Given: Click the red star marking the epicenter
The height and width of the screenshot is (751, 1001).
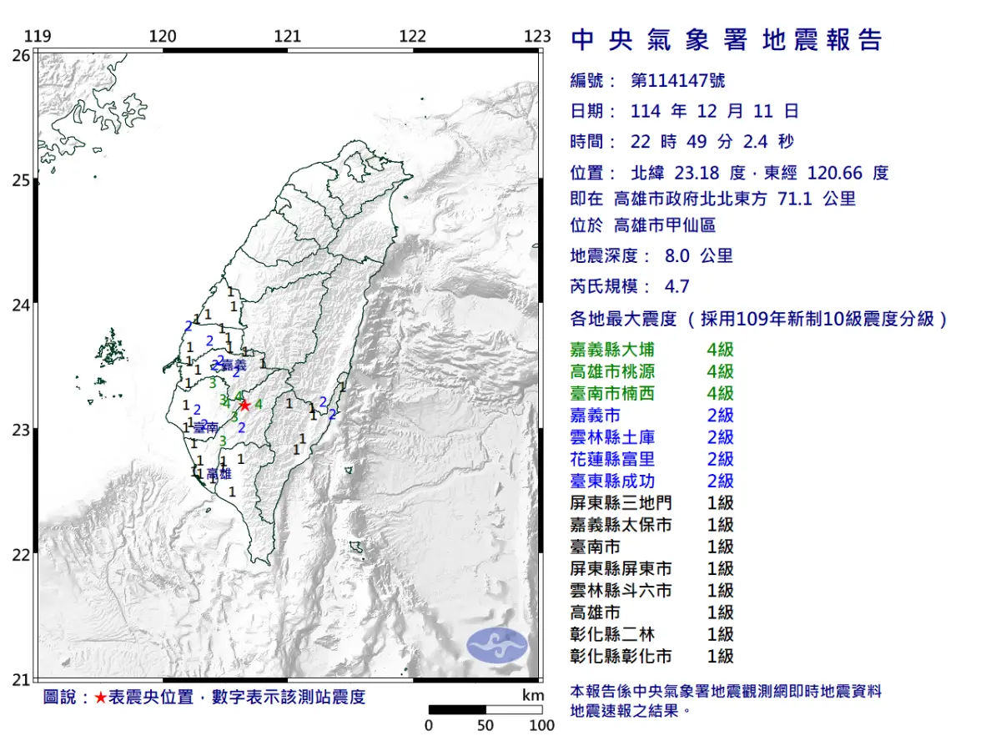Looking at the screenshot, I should (x=244, y=406).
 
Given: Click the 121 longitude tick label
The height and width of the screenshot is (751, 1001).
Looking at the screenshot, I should (x=288, y=36).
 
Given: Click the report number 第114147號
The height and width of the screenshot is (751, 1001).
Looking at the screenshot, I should (x=677, y=80).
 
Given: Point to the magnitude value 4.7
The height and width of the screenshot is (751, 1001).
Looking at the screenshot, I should (x=677, y=286).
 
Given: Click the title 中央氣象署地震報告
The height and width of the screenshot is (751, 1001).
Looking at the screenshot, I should (x=726, y=40).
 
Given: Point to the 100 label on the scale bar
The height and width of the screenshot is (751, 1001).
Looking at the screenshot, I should (x=541, y=725).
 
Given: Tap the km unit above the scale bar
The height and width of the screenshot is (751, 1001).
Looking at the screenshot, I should (x=533, y=695).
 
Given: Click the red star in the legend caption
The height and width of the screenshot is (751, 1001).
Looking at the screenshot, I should (x=100, y=698).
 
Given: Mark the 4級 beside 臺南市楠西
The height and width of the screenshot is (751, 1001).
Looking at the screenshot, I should (x=720, y=393).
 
